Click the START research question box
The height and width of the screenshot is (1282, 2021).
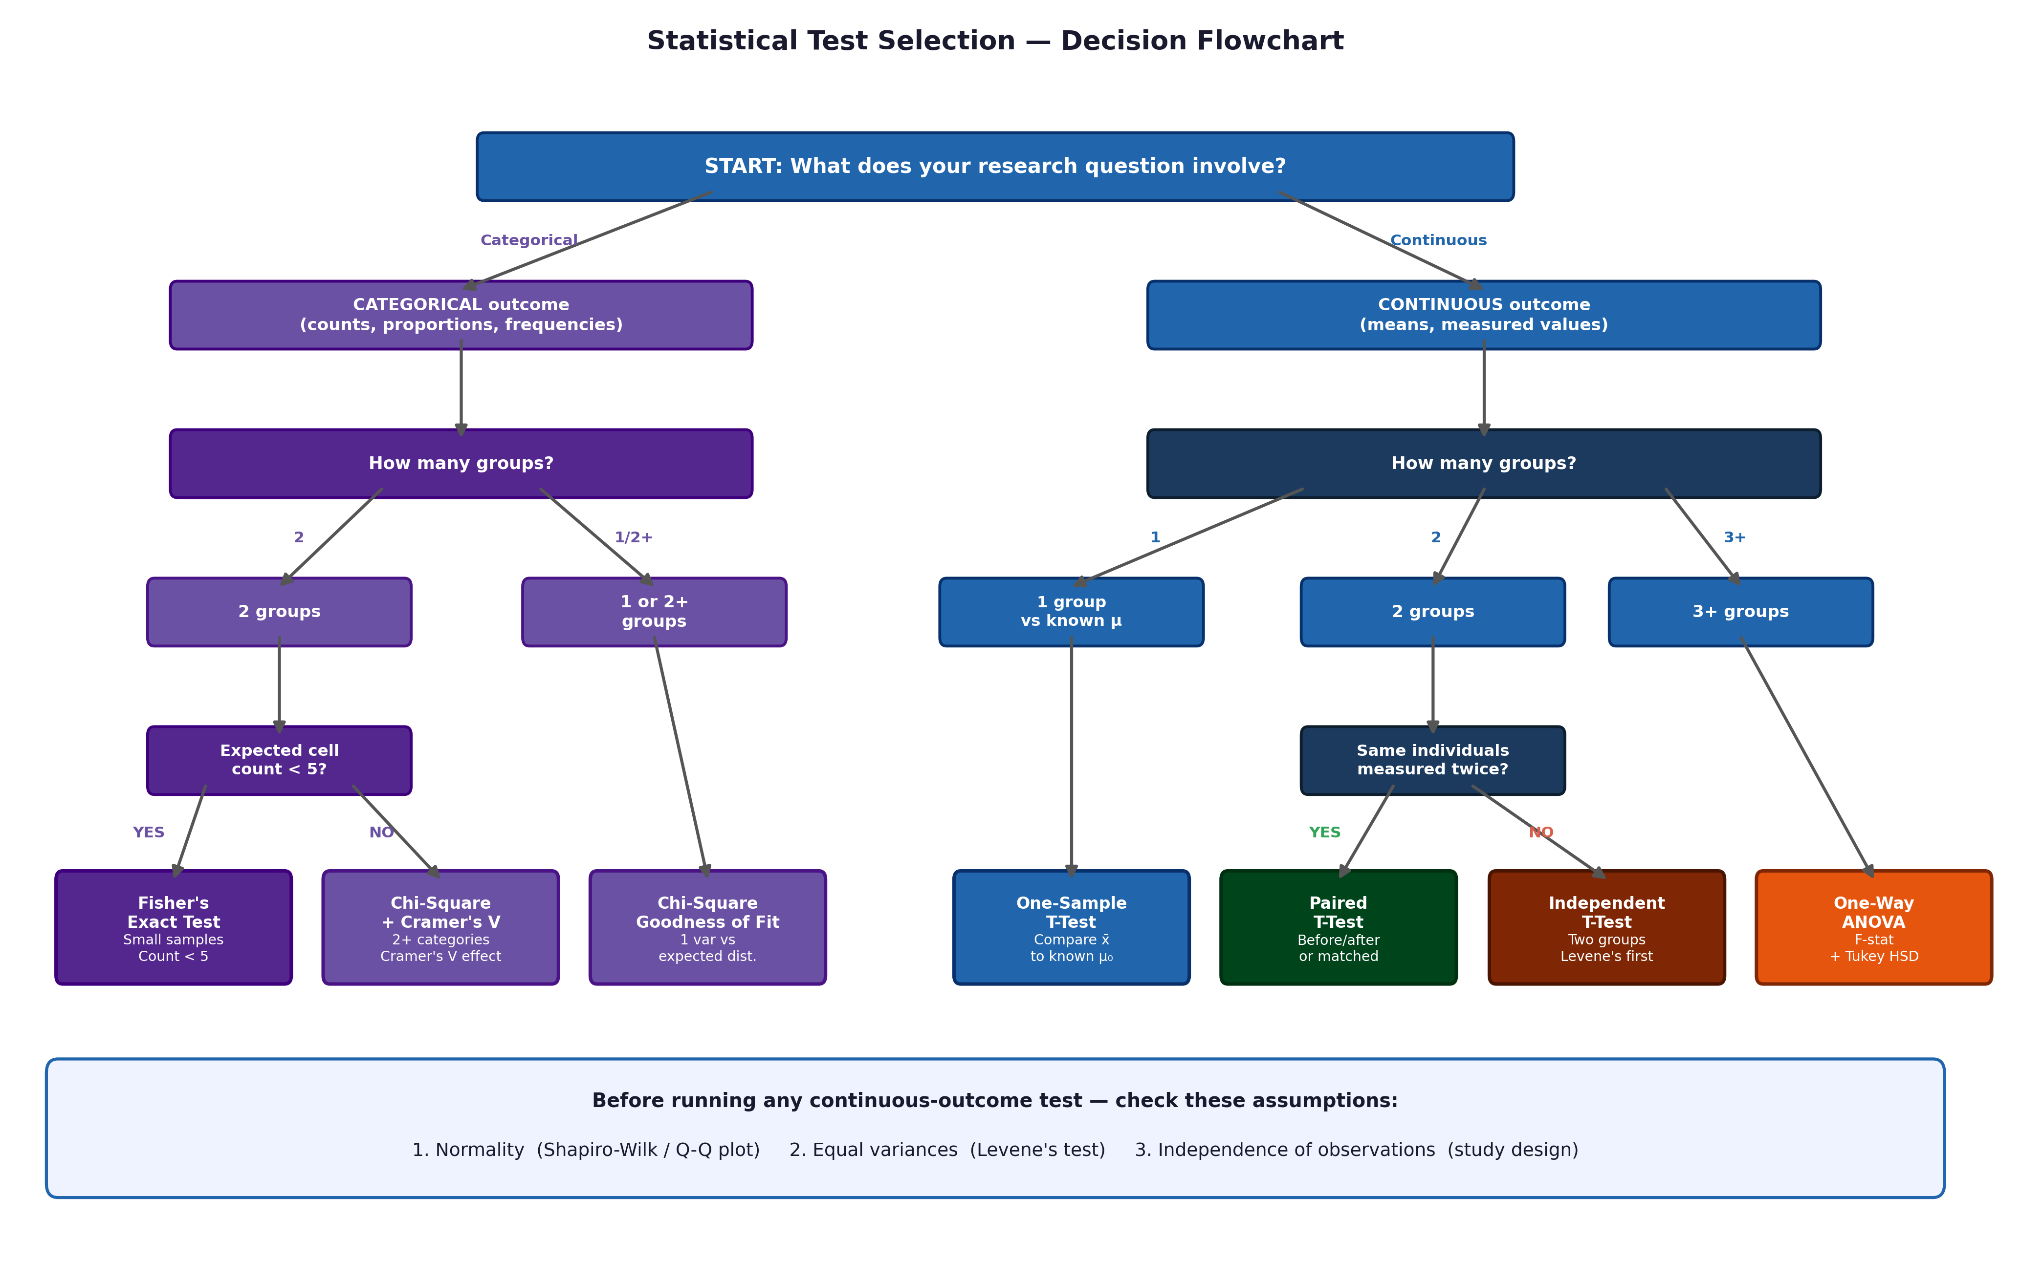coord(994,166)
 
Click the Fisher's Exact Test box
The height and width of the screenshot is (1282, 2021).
coord(173,927)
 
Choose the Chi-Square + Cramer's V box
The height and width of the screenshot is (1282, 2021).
coord(440,927)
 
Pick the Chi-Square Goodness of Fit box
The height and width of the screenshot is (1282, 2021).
coord(707,927)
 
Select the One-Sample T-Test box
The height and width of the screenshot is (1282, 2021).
coord(1071,927)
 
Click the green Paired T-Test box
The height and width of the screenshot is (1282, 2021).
coord(1338,927)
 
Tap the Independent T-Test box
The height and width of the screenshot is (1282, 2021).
coord(1605,927)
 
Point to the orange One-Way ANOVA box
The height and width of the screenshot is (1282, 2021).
coord(1873,927)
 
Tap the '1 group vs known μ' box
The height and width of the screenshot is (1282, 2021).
coord(1071,612)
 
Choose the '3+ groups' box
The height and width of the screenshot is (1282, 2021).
coord(1740,612)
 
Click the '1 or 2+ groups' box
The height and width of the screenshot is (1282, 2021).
coord(654,612)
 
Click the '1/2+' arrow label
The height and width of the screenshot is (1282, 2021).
coord(633,538)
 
